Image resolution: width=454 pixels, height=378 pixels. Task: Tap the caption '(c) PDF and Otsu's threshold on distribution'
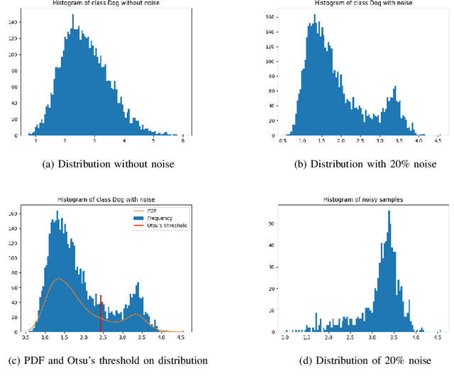[x=108, y=360]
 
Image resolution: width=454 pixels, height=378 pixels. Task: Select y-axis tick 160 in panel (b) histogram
[x=270, y=14]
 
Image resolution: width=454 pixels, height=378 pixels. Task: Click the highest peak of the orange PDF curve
[x=60, y=279]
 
